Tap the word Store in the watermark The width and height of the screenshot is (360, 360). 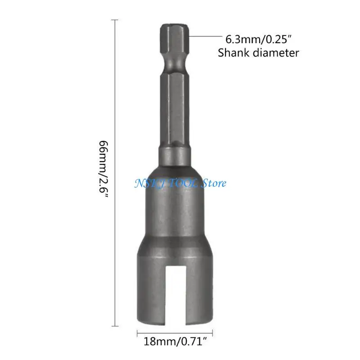point(214,183)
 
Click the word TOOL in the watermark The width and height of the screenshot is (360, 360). point(184,183)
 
